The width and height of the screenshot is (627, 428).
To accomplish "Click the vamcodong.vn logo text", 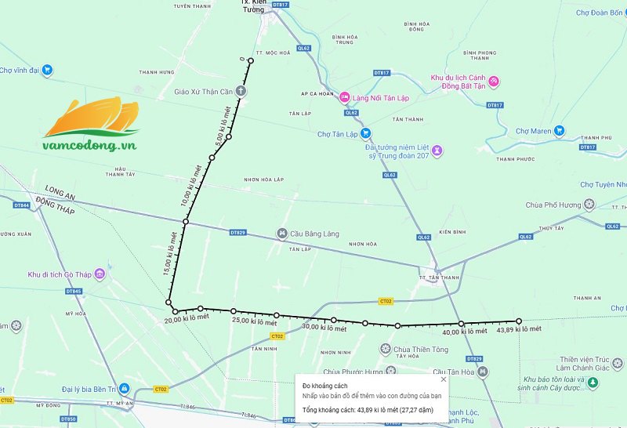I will pyautogui.click(x=91, y=145).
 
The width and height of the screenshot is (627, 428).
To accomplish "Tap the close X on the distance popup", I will pyautogui.click(x=443, y=379).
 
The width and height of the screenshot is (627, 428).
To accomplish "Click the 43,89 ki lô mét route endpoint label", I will pyautogui.click(x=519, y=329).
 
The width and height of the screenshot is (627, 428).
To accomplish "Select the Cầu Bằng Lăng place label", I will pyautogui.click(x=311, y=234).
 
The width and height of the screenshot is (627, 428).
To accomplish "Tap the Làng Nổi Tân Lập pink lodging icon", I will pyautogui.click(x=345, y=97).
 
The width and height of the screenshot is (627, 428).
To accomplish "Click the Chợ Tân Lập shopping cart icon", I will pyautogui.click(x=365, y=134).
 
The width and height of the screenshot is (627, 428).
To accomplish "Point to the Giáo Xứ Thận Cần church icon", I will pyautogui.click(x=240, y=92).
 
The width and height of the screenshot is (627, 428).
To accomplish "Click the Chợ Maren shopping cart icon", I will pyautogui.click(x=559, y=131).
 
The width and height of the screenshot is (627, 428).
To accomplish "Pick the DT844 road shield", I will pyautogui.click(x=22, y=205).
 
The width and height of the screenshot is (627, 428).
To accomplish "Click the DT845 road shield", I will pyautogui.click(x=74, y=292).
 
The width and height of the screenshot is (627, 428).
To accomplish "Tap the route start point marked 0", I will pyautogui.click(x=251, y=60).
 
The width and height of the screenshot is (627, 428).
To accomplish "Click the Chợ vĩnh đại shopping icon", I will pyautogui.click(x=47, y=70).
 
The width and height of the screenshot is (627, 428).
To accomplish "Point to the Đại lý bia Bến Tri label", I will pyautogui.click(x=89, y=388).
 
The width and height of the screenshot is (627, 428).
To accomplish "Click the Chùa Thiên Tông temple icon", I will pyautogui.click(x=386, y=350).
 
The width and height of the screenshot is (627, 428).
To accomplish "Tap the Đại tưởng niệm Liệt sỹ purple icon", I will pyautogui.click(x=437, y=150).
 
